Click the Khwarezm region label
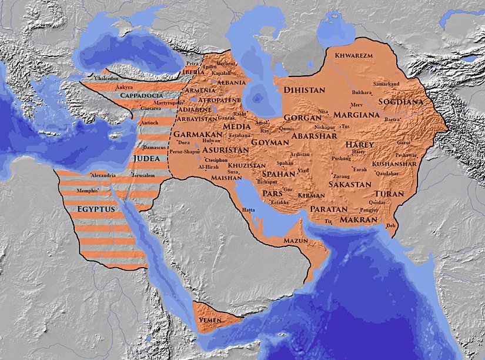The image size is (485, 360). [x=354, y=55]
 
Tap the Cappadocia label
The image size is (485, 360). [x=141, y=95]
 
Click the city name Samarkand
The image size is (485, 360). [x=386, y=84]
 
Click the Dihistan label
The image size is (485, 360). [x=304, y=90]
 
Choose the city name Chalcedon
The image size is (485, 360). [x=106, y=77]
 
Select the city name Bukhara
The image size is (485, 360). [x=361, y=92]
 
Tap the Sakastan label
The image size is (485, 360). [x=350, y=184]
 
